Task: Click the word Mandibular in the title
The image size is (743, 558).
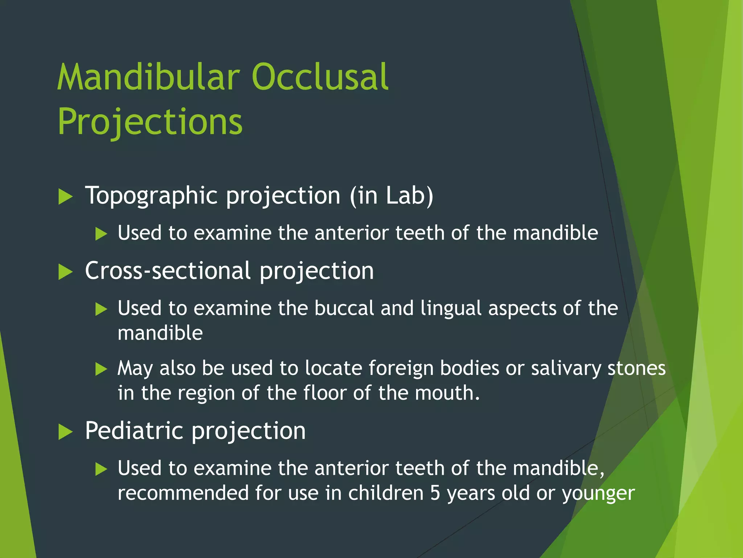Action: coord(149,77)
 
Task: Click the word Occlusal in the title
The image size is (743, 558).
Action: coord(320,77)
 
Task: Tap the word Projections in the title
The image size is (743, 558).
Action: coord(150,122)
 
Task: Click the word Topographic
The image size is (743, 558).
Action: coord(151,196)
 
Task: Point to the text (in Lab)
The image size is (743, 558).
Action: coord(391,195)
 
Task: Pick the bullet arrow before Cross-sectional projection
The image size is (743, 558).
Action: coord(66,272)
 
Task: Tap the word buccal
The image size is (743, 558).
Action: coord(344,308)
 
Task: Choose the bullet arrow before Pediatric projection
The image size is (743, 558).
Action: coord(66,432)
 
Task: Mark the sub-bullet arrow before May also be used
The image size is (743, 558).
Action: coord(101,369)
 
